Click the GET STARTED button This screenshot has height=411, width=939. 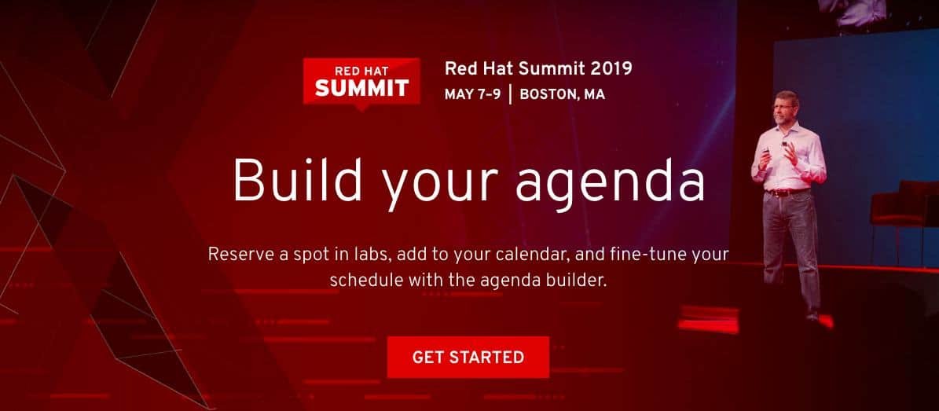tap(468, 357)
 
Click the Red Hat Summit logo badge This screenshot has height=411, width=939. tap(361, 83)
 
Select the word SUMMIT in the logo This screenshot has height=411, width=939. tap(361, 88)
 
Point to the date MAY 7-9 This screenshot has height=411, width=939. tap(472, 94)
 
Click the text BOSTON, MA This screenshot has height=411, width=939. tap(563, 94)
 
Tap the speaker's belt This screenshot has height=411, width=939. tap(787, 193)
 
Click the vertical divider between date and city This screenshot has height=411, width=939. tap(510, 94)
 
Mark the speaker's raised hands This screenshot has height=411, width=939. tap(779, 155)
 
